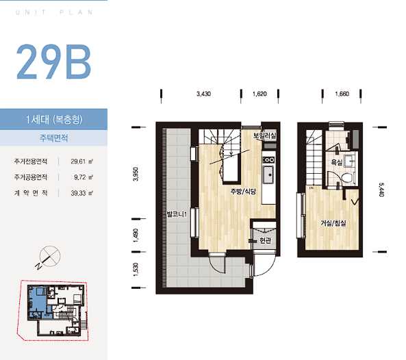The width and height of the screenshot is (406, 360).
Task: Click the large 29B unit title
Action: pos(54,62)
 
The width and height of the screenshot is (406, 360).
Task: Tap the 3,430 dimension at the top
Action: pos(203,94)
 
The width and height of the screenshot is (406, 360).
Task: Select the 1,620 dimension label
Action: pos(259,94)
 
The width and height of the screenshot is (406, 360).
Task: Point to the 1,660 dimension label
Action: pos(342,94)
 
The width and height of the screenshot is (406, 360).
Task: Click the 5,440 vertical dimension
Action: pos(381,190)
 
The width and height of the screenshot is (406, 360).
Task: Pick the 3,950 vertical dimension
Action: pos(136,174)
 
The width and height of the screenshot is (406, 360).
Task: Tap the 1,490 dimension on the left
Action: pos(136,235)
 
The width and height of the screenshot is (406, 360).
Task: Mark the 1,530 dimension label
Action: pos(136,270)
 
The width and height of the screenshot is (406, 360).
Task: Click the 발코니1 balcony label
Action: pos(177,214)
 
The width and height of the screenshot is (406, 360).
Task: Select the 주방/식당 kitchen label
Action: pos(243,192)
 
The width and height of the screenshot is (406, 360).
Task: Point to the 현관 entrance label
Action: pos(266,240)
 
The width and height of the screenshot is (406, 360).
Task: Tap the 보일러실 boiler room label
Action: pos(265,136)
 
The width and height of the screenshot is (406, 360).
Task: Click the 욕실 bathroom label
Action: pos(337,162)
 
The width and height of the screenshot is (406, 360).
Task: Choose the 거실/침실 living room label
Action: pos(333,223)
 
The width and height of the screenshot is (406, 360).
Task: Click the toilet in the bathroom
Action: pos(348,178)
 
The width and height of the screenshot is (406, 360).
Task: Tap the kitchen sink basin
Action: pos(268,175)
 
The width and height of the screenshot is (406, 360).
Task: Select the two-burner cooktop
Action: pos(268,159)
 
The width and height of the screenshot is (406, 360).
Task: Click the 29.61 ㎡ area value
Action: pos(82,162)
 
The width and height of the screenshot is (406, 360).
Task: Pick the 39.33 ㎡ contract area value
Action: pos(82,193)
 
